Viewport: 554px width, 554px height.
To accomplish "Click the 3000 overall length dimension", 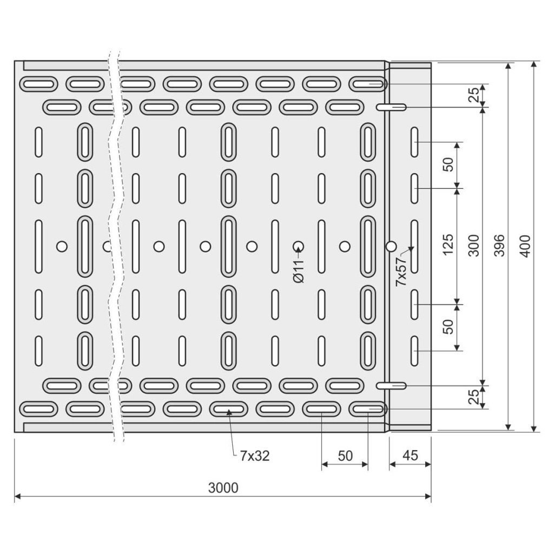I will point(223,488).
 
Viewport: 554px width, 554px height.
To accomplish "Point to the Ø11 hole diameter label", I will point(299,270).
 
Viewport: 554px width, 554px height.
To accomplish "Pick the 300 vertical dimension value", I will point(474,246).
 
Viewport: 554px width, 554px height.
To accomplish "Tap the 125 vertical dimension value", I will point(449,246).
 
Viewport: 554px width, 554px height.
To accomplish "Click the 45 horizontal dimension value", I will point(411,456).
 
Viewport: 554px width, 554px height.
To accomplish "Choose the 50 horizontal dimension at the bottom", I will point(345,456).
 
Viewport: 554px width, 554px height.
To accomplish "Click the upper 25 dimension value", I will point(474,96).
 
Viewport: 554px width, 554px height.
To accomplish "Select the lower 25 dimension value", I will point(474,397).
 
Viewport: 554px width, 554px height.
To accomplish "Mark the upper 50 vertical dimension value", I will point(449,165).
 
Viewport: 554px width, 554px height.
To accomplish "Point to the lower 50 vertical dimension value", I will point(449,326).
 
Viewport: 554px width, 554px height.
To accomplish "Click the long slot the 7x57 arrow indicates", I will point(414,247).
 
